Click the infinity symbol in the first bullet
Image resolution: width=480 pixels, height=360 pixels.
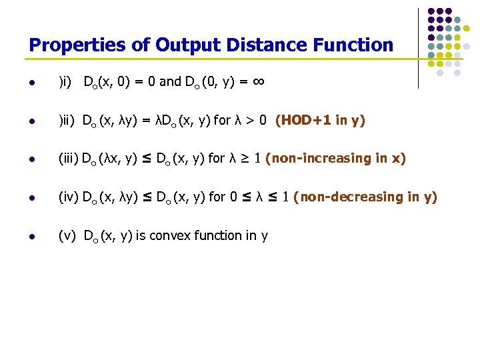point(259,81)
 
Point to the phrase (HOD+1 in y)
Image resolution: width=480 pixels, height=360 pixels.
point(320,121)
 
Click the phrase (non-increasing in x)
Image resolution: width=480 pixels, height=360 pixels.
point(335,159)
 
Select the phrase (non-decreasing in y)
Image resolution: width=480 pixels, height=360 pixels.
point(365,197)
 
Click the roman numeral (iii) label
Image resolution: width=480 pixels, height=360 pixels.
point(69,159)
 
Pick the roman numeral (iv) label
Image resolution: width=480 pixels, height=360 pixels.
point(69,197)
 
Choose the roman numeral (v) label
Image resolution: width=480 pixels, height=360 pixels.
point(67,235)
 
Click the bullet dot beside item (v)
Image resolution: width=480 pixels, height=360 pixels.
point(32,236)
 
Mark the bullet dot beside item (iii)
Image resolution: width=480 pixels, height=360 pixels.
point(32,159)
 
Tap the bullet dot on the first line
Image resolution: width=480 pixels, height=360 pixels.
point(32,83)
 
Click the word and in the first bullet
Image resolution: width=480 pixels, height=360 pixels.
point(170,82)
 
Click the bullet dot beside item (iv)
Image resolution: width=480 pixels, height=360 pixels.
point(32,198)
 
